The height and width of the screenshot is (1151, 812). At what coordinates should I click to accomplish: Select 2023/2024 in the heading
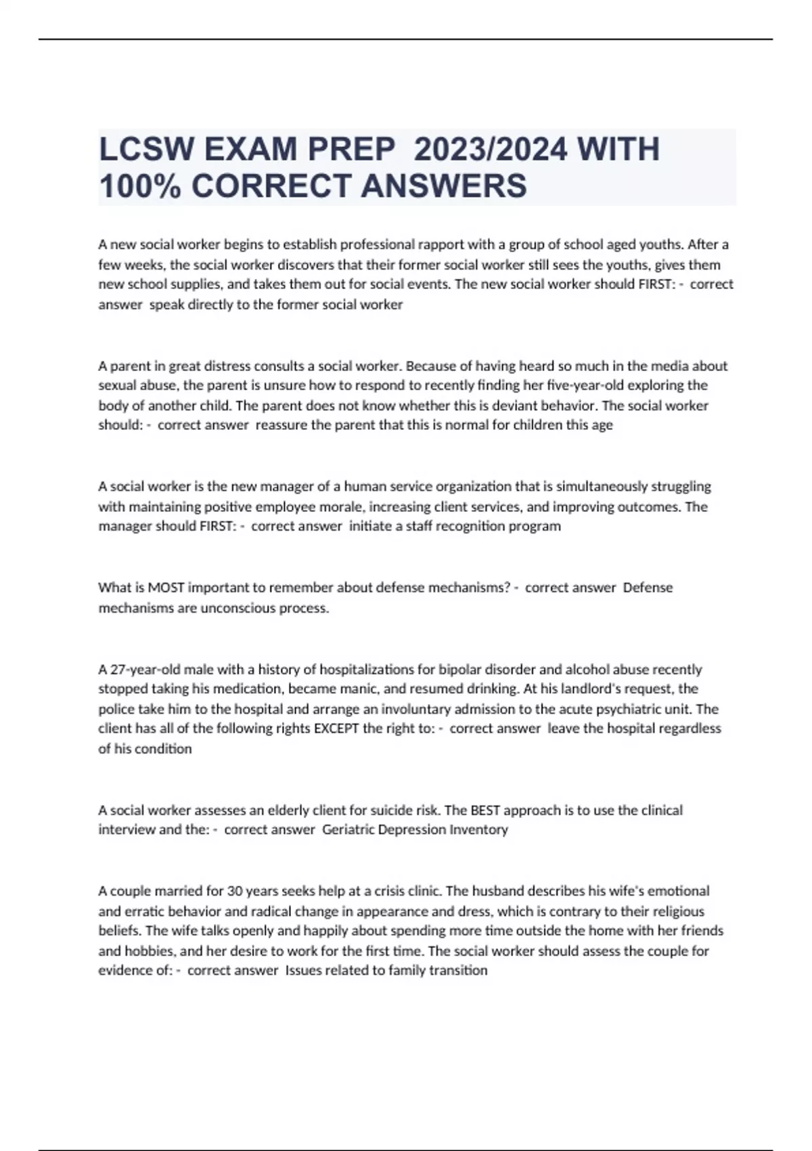point(490,150)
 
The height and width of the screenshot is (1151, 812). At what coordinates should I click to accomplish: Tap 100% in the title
point(139,186)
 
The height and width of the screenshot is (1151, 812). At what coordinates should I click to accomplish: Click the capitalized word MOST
point(166,588)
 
